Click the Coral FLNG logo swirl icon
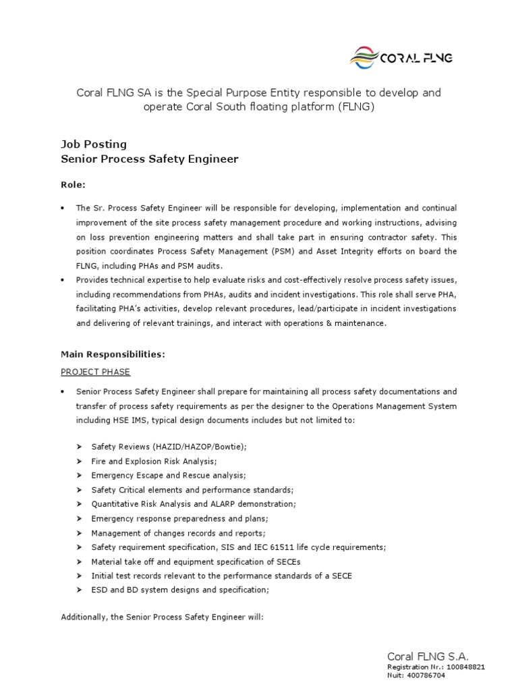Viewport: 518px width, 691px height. (365, 58)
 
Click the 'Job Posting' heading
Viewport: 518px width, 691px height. (94, 144)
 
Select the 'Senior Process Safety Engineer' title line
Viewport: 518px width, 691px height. (150, 159)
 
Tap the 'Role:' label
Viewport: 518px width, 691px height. (74, 184)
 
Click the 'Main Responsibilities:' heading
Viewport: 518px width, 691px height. (113, 354)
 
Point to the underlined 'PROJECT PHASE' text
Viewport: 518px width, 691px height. (96, 372)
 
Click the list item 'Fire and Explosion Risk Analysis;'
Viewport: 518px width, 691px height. (154, 461)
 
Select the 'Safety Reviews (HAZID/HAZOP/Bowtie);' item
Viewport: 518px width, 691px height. (169, 447)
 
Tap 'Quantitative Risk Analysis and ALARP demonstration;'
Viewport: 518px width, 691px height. (194, 504)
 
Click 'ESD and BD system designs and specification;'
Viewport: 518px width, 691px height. (180, 590)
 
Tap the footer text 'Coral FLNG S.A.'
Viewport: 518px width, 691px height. (428, 657)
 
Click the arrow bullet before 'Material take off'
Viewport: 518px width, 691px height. (80, 561)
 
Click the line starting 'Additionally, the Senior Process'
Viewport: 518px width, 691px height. (162, 617)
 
